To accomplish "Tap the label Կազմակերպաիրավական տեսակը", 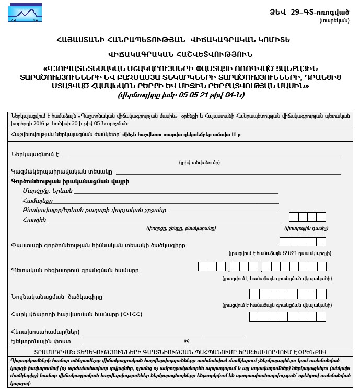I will click(x=62, y=171).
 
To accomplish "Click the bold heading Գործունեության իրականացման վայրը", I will click(x=69, y=181).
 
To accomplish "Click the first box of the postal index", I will click(x=294, y=217).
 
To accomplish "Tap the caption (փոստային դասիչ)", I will click(x=306, y=229).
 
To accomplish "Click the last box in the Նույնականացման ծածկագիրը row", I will click(x=321, y=294).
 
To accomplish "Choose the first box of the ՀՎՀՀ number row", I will click(x=254, y=316).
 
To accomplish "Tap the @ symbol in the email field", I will click(x=187, y=341).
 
